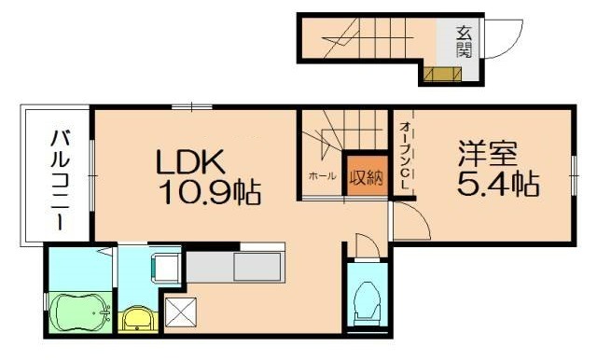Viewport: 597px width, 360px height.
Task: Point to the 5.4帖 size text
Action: [x=497, y=183]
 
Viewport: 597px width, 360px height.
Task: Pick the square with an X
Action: [x=179, y=312]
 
